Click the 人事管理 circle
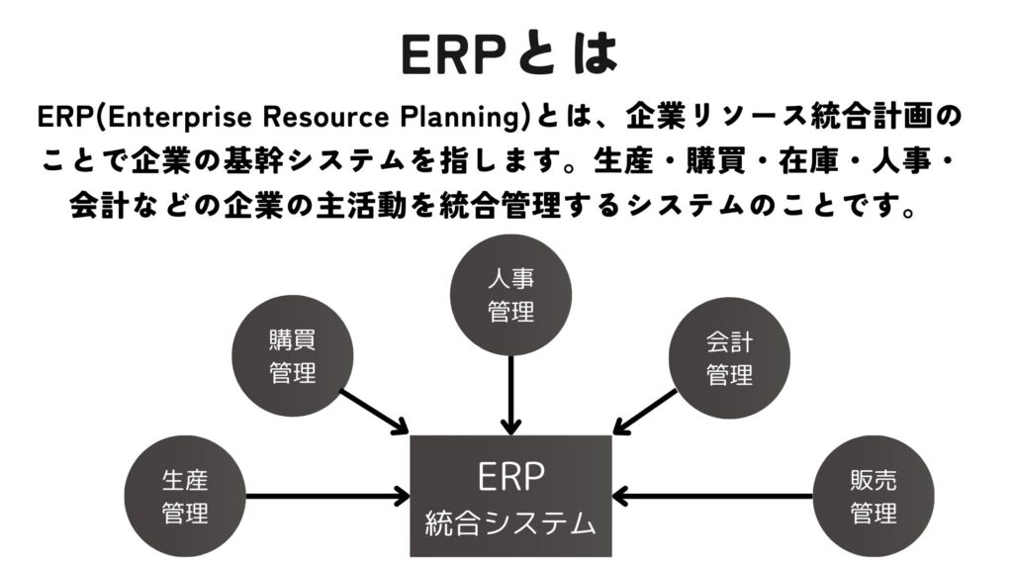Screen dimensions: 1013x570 point(510,295)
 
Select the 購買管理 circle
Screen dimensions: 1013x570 point(292,356)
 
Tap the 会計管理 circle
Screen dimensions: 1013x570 point(729,358)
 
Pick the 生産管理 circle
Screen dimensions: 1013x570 point(185,497)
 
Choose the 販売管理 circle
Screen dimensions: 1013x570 point(873,497)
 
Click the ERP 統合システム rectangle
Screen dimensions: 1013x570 point(511,496)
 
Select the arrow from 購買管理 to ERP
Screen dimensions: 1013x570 point(374,411)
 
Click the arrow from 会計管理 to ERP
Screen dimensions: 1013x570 point(645,412)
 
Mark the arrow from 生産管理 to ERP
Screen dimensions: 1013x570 point(328,497)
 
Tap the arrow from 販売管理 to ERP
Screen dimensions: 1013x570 point(712,497)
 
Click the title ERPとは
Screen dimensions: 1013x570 point(509,54)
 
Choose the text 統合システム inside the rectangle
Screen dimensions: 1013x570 point(510,523)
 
